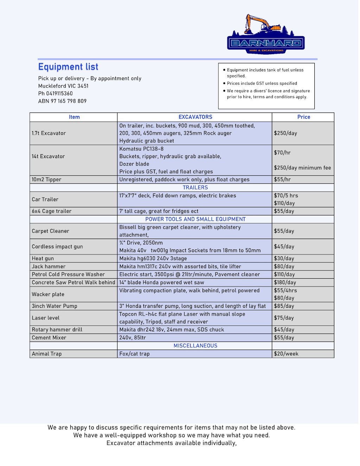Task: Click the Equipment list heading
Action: [68, 67]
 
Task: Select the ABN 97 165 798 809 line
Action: [62, 101]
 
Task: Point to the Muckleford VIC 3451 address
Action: [63, 86]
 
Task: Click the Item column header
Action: [74, 117]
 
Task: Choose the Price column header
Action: [303, 117]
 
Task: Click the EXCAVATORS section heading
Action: [195, 117]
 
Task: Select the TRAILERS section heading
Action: [195, 188]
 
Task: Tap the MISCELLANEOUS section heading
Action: [195, 346]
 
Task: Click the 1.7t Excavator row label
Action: [49, 133]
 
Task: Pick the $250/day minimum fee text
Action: [302, 168]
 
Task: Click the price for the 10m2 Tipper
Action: [282, 180]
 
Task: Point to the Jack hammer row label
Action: [49, 267]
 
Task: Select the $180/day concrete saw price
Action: [285, 283]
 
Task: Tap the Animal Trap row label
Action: [47, 354]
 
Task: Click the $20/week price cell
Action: [286, 354]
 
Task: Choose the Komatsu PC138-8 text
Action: [141, 149]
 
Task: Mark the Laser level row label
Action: [46, 318]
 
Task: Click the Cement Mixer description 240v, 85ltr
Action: [133, 338]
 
